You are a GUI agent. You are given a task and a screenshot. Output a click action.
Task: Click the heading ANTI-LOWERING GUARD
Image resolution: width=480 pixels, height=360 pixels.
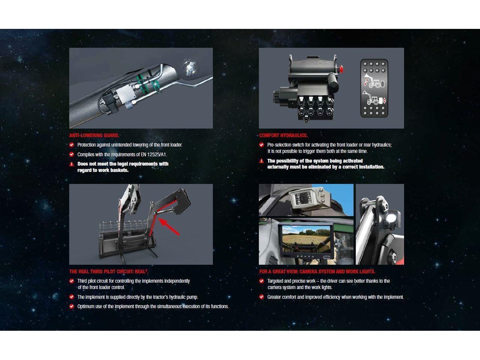(x=94, y=135)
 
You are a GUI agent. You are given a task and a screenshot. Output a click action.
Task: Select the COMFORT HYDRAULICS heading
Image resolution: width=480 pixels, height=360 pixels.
(x=283, y=135)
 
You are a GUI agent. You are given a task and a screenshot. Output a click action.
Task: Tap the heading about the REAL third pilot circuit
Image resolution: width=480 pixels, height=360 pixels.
(x=109, y=271)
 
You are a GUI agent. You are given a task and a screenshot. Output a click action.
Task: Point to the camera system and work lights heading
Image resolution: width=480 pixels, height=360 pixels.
(x=317, y=271)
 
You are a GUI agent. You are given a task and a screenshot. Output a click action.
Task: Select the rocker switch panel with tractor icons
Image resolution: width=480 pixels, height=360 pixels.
(x=374, y=88)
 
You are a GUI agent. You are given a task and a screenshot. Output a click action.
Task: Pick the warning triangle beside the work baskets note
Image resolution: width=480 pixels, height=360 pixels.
(x=72, y=164)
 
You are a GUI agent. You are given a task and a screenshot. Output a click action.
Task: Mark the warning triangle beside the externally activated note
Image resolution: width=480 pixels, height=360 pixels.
(x=261, y=161)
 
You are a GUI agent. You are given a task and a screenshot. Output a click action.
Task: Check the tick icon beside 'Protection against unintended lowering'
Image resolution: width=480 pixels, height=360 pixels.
(x=72, y=145)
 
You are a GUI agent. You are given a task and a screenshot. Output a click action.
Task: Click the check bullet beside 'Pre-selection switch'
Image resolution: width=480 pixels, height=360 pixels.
(x=261, y=145)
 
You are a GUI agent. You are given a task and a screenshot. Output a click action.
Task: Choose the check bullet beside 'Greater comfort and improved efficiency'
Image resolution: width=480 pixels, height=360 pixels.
(x=261, y=297)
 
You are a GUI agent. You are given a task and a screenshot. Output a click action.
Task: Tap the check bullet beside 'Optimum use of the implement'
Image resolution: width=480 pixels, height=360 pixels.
(x=72, y=306)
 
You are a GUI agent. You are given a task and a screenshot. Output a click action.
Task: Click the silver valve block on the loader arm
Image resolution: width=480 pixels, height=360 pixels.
(x=125, y=93)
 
